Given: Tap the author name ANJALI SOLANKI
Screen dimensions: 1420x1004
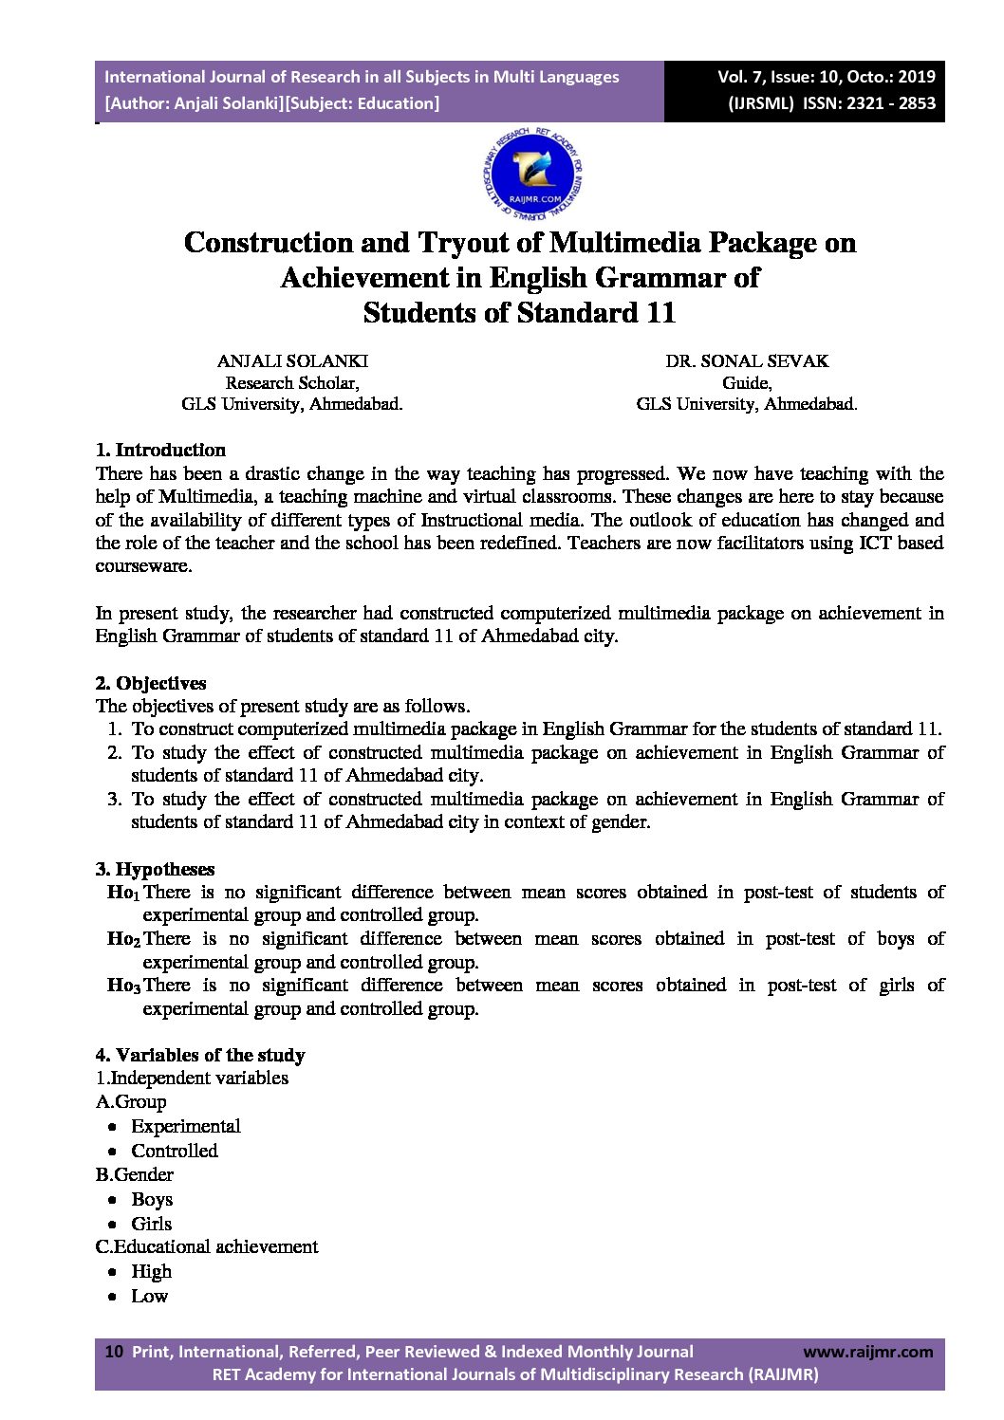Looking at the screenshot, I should [292, 361].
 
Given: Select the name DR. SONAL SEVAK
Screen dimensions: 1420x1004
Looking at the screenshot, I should [747, 361].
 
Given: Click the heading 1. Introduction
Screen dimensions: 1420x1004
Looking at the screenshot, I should [160, 450].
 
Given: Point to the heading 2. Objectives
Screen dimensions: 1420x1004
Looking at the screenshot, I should [151, 683].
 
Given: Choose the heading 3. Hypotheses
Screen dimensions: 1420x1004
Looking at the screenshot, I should [155, 869].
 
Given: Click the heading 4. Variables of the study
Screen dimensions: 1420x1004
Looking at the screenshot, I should [200, 1055].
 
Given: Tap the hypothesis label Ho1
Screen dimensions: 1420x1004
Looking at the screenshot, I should [123, 893].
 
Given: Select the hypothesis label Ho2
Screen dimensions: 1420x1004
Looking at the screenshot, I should [123, 939].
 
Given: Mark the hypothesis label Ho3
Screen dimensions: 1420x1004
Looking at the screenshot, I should [123, 986].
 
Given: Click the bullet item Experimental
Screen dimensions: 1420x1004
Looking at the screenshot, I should [186, 1126].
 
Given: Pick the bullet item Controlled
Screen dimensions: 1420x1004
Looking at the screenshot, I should [175, 1151].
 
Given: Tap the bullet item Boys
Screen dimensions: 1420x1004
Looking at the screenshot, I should [152, 1199].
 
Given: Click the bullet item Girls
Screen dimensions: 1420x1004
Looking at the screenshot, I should [152, 1224].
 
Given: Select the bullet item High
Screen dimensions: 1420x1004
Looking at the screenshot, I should [152, 1272].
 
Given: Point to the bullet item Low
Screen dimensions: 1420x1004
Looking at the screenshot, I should [150, 1297].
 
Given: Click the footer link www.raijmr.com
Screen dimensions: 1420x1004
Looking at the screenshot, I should [867, 1352].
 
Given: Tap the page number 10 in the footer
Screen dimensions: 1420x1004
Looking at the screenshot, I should [114, 1352].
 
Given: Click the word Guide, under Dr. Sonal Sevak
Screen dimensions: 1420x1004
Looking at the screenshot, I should [747, 383].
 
